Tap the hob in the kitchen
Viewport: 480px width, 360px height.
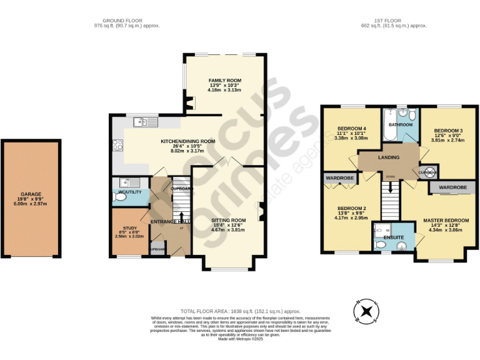(116, 145)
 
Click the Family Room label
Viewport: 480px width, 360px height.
(224, 81)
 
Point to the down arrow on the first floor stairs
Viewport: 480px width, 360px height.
(391, 186)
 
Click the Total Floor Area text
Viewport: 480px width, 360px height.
(240, 311)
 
